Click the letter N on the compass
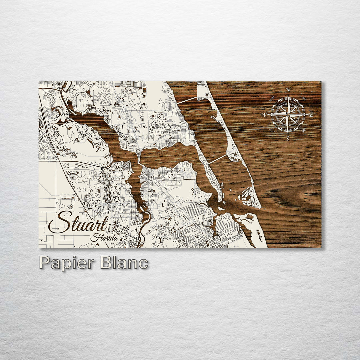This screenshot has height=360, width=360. coord(288,90)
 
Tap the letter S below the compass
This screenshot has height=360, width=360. coord(287,139)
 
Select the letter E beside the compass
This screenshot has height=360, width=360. coord(311,115)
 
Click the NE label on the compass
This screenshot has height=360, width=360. coord(304,99)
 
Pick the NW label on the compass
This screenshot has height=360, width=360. coord(272,98)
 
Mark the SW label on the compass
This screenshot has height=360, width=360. coord(272,130)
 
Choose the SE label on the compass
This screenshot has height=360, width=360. coord(304,130)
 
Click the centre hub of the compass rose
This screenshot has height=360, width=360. coord(288,114)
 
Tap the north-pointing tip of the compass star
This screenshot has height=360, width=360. coord(288,95)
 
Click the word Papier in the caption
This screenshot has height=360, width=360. coord(67,263)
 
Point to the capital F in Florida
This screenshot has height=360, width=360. coord(94,237)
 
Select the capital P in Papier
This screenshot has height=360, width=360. coord(45,263)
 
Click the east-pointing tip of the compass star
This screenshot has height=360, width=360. coord(307,114)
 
